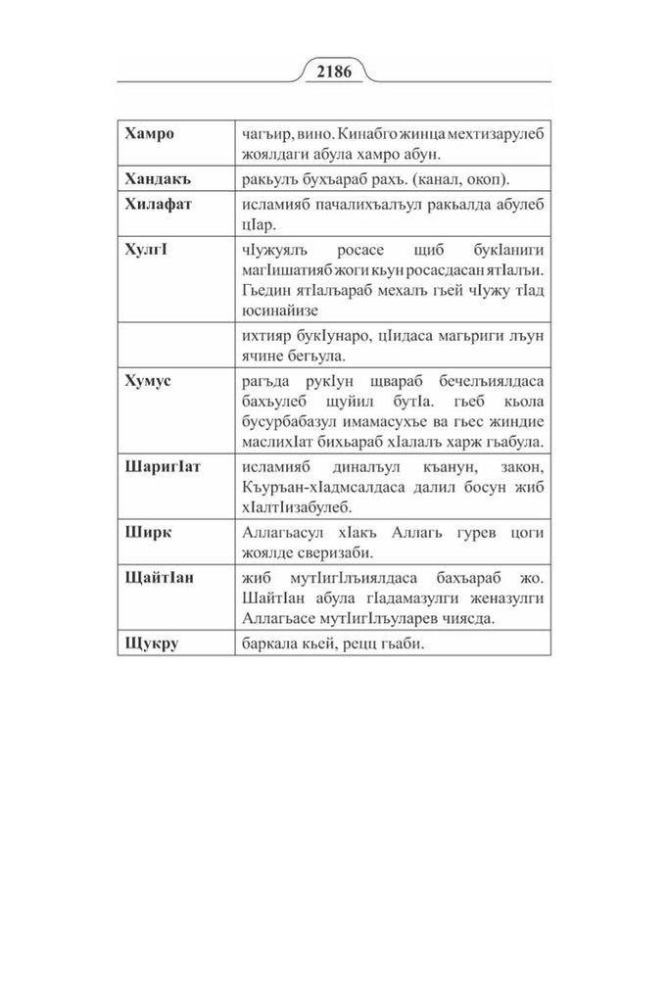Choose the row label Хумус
pos(149,379)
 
